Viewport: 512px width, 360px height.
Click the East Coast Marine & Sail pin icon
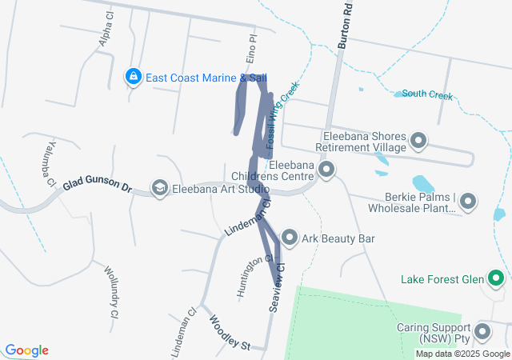click(133, 77)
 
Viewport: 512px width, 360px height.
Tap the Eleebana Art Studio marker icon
click(159, 189)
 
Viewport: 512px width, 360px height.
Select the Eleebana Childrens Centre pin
click(326, 170)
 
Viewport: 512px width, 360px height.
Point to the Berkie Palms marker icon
click(468, 202)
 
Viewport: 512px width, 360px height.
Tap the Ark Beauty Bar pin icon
click(288, 238)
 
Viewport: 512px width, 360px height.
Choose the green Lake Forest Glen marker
click(496, 279)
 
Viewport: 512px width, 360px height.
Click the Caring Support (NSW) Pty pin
click(482, 332)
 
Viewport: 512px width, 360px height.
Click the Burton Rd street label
click(346, 30)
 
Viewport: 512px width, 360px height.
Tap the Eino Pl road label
click(253, 45)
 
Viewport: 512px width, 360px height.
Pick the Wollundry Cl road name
click(110, 291)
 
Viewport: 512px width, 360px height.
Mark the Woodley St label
click(230, 332)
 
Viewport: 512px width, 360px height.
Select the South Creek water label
click(427, 95)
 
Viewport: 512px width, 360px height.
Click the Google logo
click(26, 350)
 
